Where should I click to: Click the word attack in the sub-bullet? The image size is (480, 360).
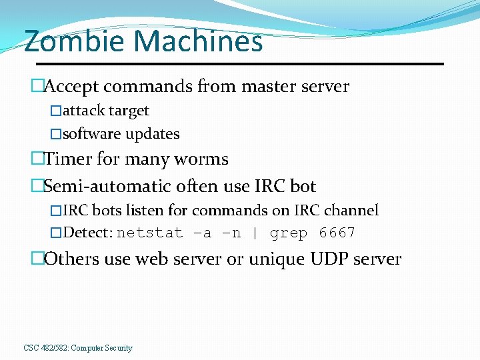[x=80, y=111]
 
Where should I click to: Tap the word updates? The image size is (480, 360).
[x=153, y=134]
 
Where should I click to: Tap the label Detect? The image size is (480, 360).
[x=88, y=233]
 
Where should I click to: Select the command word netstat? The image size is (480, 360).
[x=150, y=233]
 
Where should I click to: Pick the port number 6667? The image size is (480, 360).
[x=337, y=233]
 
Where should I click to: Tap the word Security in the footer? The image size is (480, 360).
[x=117, y=348]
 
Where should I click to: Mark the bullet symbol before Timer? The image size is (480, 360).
[x=37, y=159]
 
